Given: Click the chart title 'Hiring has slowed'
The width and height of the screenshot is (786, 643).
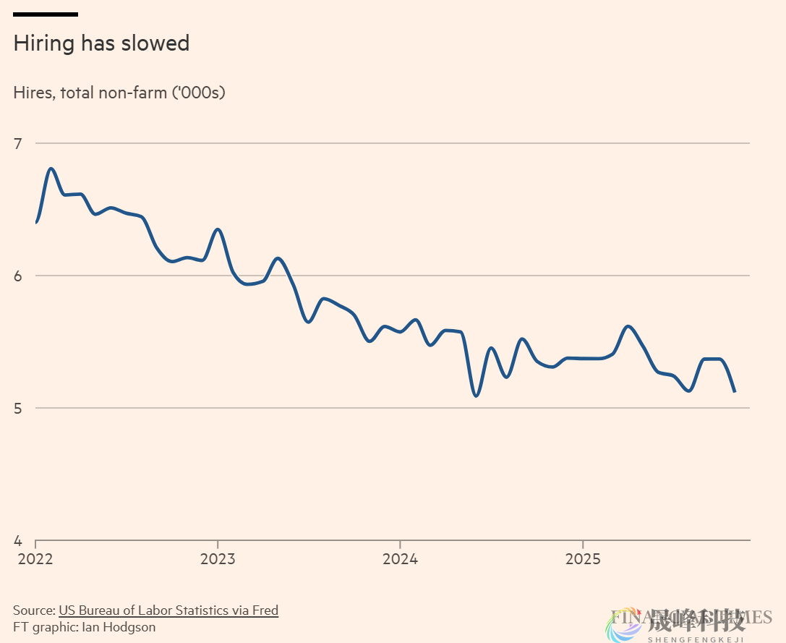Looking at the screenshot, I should [101, 43].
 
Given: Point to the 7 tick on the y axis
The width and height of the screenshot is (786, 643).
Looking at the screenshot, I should [18, 143].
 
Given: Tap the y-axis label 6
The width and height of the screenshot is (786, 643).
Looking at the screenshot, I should [18, 276].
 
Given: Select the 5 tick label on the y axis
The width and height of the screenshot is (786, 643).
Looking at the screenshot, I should [18, 408].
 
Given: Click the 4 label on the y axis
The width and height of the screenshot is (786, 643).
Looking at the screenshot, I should [18, 540].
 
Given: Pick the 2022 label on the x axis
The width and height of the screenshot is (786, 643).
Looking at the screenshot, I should [35, 558].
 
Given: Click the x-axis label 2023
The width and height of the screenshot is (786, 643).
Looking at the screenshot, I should [218, 558].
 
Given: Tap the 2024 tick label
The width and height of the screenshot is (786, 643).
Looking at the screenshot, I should [400, 558].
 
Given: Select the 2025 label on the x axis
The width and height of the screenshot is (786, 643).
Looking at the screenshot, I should [583, 558].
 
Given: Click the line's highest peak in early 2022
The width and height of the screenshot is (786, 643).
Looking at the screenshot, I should [51, 169].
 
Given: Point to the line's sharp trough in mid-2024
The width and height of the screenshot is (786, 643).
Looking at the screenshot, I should [475, 396].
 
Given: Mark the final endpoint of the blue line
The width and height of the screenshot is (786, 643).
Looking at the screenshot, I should [735, 391].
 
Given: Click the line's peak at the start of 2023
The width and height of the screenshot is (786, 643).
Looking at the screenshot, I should [218, 229].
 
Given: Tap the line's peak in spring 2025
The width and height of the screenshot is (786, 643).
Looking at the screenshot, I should [628, 326].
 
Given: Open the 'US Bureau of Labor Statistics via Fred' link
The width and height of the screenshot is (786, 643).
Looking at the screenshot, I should [168, 610].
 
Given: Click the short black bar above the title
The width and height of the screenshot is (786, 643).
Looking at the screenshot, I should [46, 14].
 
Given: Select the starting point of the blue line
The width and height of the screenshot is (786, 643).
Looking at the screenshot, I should [36, 222].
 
